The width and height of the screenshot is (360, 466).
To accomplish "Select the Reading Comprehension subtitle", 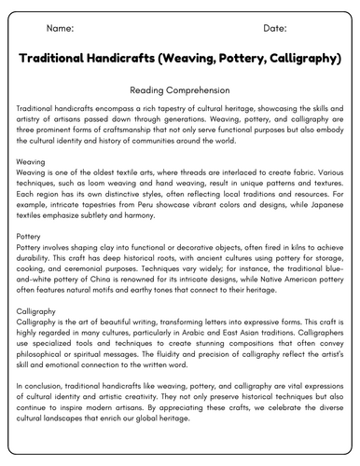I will [x=180, y=90].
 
